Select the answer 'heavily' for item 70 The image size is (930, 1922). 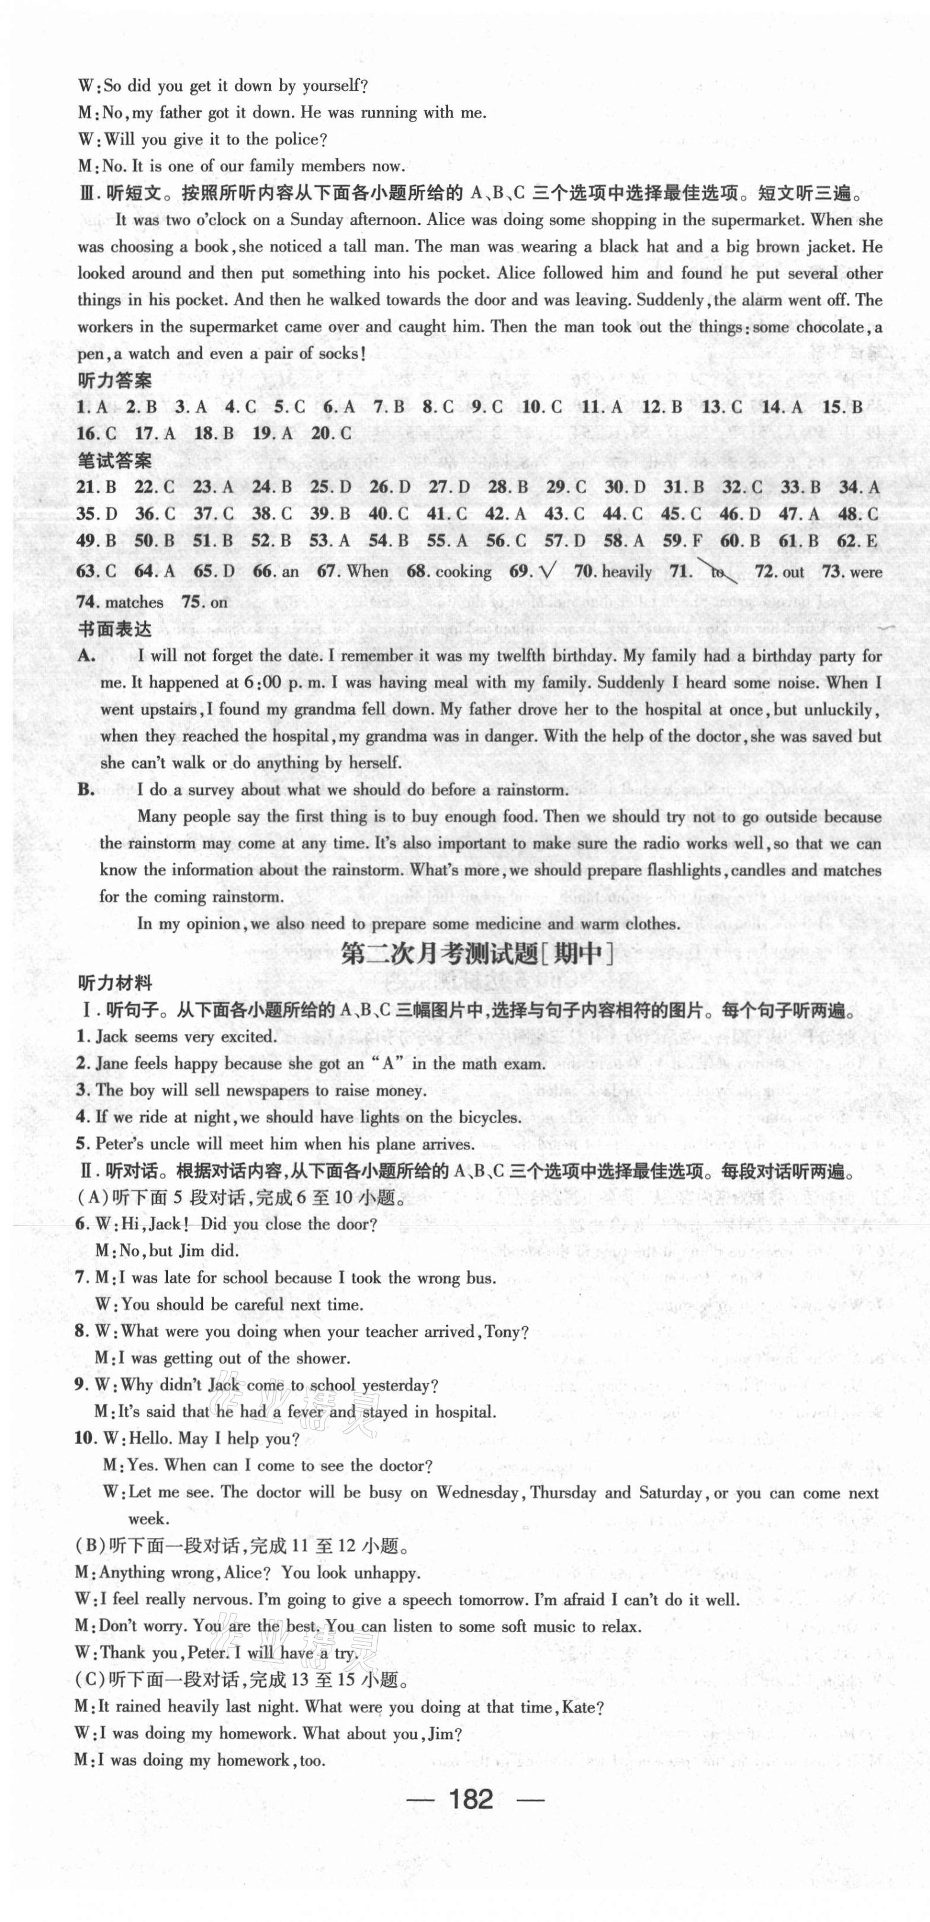(627, 572)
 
